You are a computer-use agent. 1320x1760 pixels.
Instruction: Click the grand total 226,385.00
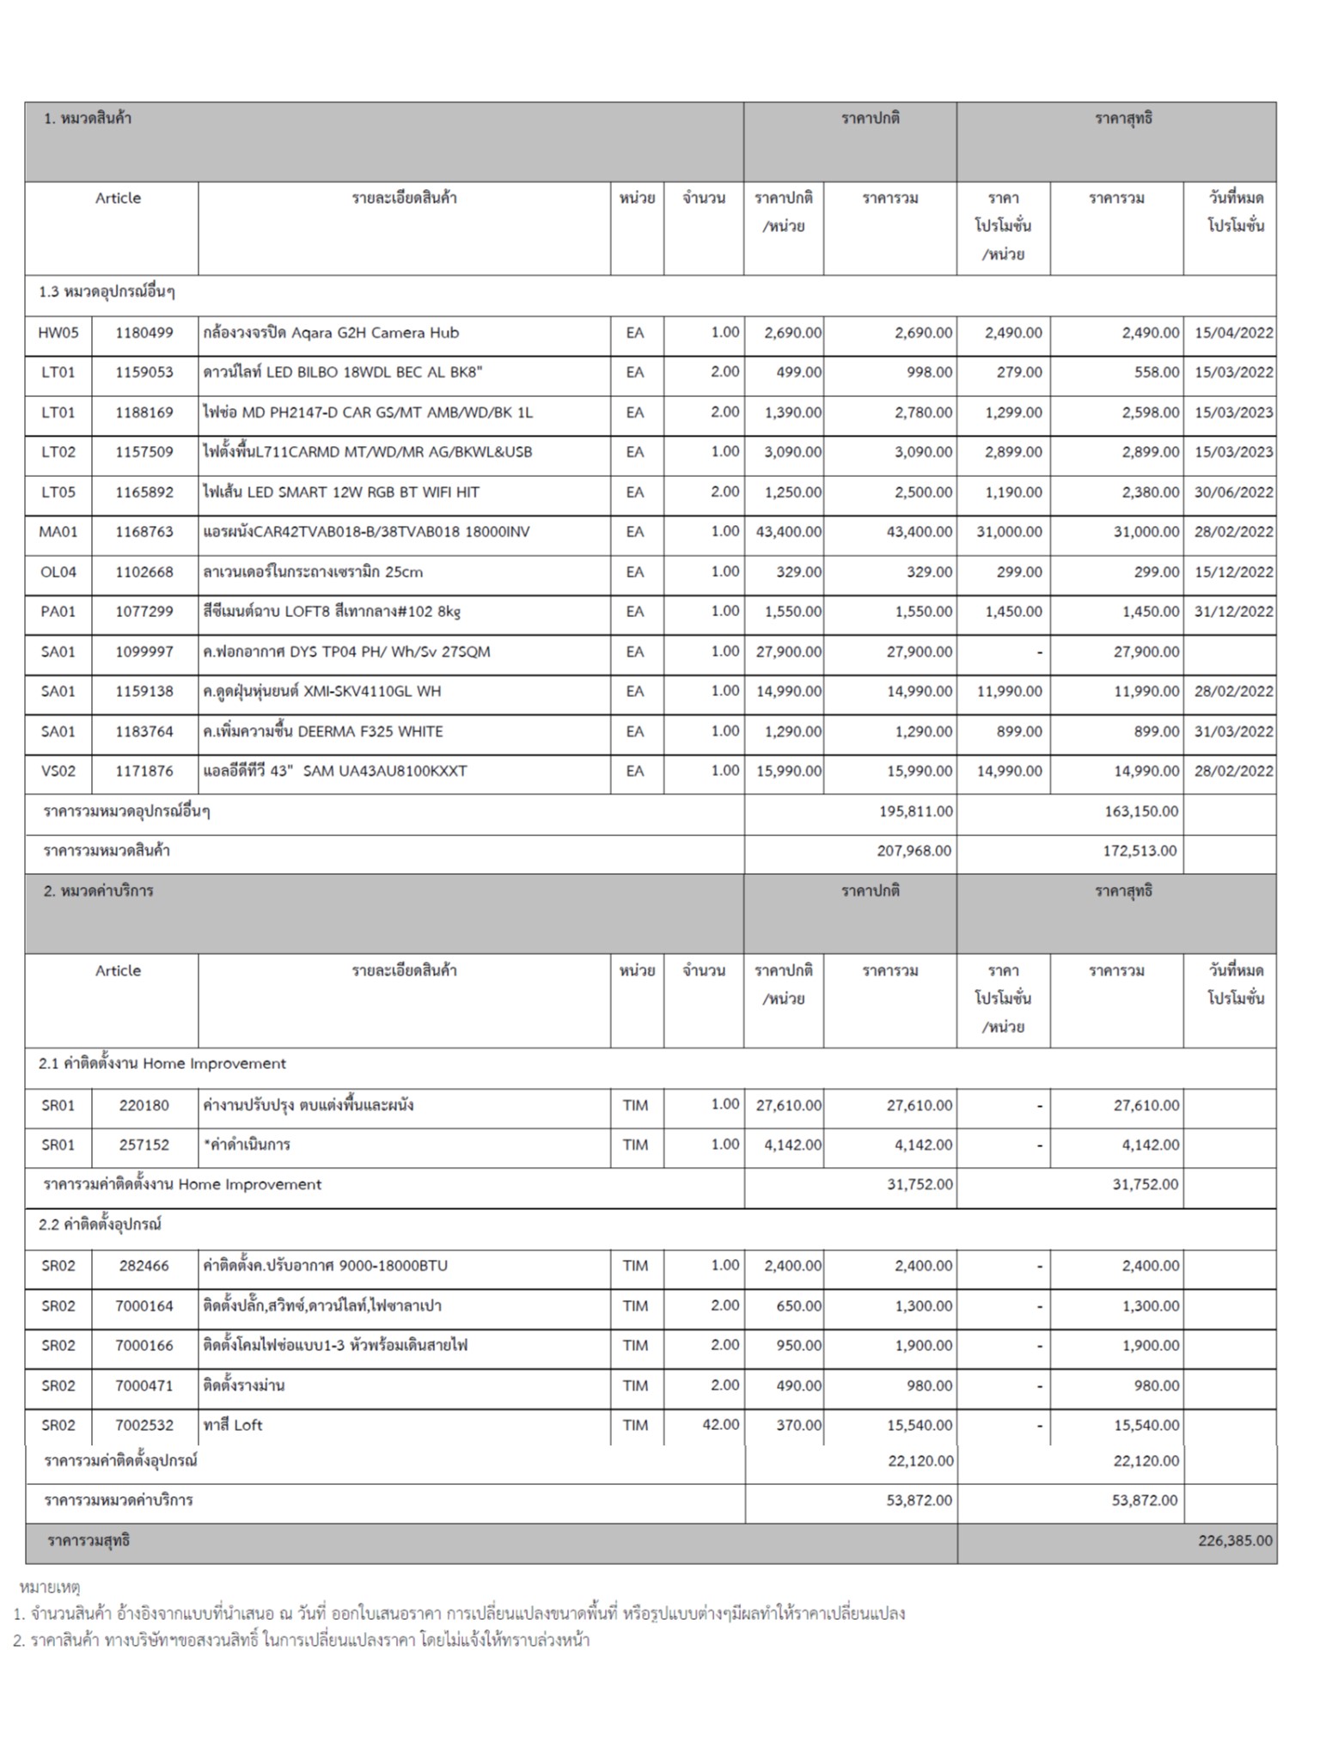point(1235,1541)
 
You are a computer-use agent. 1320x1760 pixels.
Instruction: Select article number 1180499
point(144,333)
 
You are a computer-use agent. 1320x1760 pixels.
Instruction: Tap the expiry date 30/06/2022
point(1233,492)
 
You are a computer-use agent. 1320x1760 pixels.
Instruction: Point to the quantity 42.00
point(720,1425)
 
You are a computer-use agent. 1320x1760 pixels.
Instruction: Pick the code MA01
point(58,532)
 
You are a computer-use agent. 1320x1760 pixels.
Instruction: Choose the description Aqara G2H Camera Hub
point(331,333)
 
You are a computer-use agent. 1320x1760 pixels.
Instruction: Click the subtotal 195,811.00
point(915,811)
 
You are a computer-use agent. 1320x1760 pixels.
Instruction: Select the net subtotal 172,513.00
point(1140,851)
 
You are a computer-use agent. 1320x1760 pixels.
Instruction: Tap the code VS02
point(58,771)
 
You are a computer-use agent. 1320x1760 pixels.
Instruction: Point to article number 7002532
point(144,1425)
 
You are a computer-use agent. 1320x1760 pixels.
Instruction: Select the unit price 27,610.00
point(788,1105)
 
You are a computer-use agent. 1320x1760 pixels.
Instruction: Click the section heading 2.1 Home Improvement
point(162,1064)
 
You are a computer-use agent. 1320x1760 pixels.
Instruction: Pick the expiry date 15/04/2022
point(1233,333)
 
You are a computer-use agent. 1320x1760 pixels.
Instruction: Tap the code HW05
point(58,333)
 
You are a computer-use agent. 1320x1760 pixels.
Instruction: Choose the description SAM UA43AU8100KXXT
point(335,771)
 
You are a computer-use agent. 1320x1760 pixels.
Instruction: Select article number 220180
point(144,1105)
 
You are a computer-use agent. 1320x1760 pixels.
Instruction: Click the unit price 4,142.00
point(792,1145)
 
